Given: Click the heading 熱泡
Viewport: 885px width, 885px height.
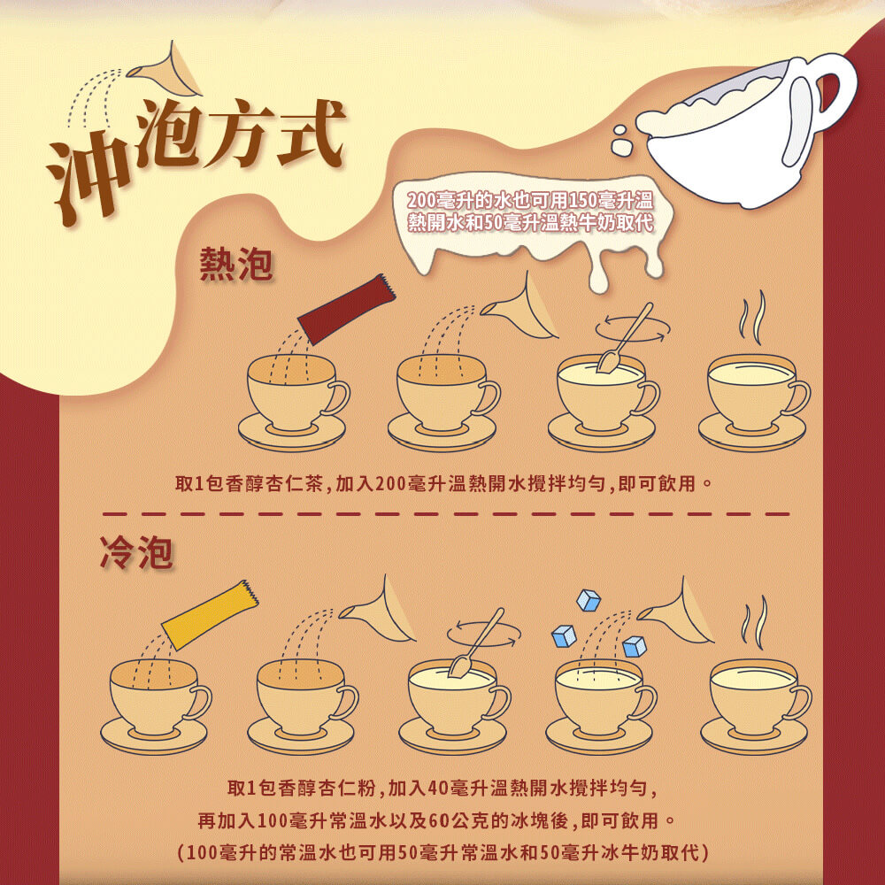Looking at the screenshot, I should (236, 264).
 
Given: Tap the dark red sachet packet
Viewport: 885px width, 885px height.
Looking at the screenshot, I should (346, 308).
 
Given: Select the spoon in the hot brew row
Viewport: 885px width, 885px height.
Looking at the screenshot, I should (625, 337).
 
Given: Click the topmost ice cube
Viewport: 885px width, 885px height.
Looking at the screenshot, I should (589, 601).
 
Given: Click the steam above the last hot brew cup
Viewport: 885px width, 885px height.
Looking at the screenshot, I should (752, 318).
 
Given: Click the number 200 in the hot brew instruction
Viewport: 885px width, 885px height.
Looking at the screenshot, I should (389, 484).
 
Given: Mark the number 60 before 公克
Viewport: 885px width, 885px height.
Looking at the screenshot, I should (440, 820).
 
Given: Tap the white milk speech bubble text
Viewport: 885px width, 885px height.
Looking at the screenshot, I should (530, 211).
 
